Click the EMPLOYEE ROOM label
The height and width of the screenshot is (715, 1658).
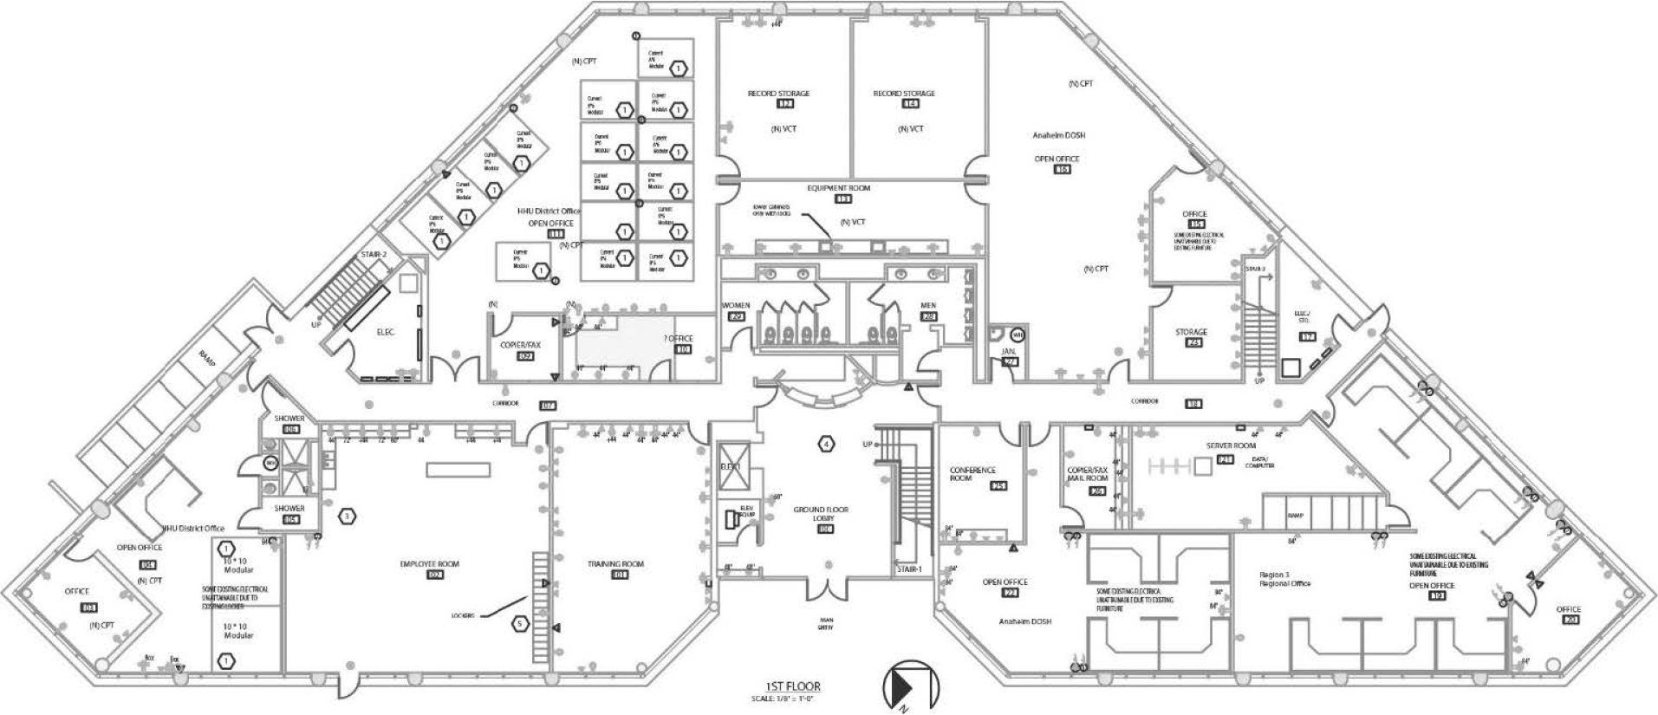point(429,564)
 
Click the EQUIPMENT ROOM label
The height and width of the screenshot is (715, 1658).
point(838,188)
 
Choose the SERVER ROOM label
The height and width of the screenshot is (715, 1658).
point(1231,445)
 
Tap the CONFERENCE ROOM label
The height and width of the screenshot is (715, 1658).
point(972,474)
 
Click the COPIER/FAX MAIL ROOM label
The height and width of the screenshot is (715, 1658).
point(1088,474)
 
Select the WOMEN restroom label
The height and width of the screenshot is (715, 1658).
point(735,306)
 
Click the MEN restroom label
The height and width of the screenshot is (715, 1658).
point(928,306)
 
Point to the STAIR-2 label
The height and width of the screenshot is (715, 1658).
point(374,255)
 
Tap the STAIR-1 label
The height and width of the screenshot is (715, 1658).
point(909,569)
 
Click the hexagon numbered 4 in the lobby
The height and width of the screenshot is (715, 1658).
point(827,444)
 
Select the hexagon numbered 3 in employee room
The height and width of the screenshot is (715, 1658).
point(347,516)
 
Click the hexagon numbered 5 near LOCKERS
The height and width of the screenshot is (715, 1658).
point(519,623)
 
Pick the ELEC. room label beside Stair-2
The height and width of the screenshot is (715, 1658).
point(386,332)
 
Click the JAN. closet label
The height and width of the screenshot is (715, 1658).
point(1008,352)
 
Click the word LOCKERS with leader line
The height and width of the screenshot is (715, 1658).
point(462,615)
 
